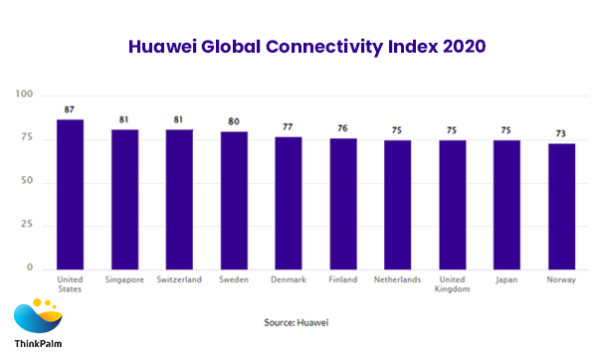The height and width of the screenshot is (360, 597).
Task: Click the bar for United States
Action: click(71, 194)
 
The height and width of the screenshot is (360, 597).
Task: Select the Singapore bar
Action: click(124, 199)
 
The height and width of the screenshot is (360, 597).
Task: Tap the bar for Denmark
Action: click(288, 203)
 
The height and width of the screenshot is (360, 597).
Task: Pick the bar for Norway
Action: click(562, 206)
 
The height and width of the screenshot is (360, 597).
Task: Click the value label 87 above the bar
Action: click(71, 110)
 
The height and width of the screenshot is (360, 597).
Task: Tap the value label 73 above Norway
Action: click(562, 134)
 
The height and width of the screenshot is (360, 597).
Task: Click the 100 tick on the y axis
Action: click(25, 94)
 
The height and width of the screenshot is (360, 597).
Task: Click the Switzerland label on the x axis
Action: click(179, 279)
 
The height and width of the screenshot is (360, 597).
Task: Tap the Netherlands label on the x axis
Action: click(398, 279)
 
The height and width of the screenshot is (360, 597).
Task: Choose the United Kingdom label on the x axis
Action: click(453, 283)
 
